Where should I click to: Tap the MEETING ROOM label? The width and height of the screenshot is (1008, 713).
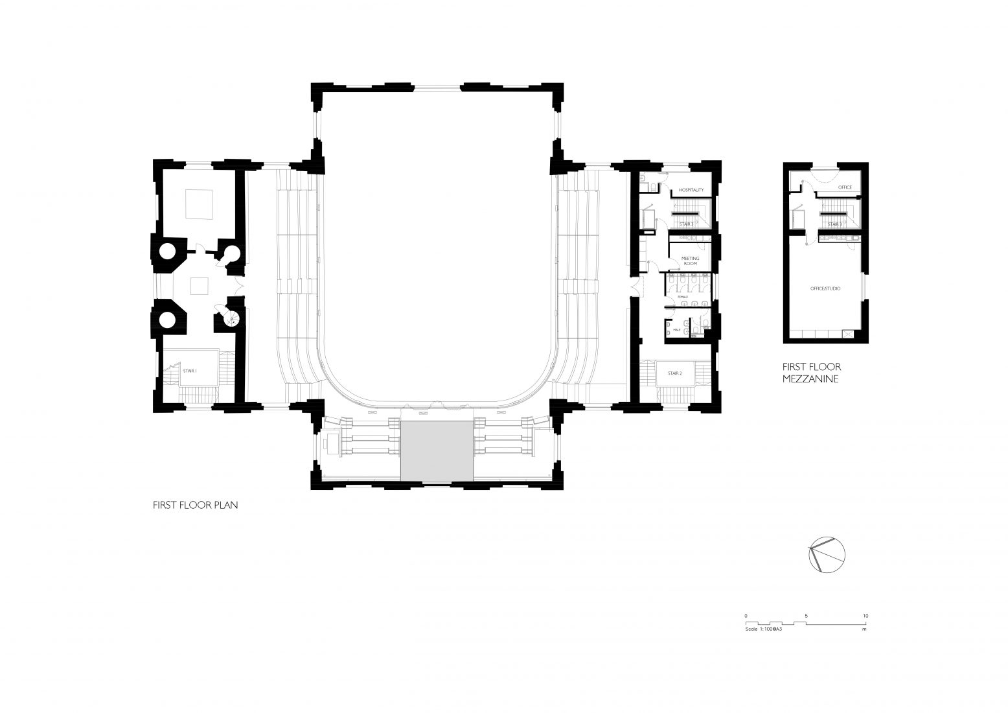(689, 261)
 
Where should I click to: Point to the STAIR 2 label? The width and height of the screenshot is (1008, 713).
(675, 373)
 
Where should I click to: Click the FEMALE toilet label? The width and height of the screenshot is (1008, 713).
(683, 297)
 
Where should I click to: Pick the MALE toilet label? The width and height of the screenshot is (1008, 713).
(677, 330)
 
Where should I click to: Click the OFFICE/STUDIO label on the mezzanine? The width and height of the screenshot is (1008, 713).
(826, 288)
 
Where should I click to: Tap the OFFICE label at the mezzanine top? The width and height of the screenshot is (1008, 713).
(844, 187)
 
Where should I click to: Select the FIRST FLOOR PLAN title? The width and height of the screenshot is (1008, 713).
(196, 505)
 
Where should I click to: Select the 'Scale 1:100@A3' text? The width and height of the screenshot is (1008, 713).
(765, 629)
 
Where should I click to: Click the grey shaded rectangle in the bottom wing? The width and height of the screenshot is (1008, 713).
(436, 451)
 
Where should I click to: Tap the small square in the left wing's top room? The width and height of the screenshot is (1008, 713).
(198, 204)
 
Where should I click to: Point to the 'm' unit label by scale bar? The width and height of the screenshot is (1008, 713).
(864, 629)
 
